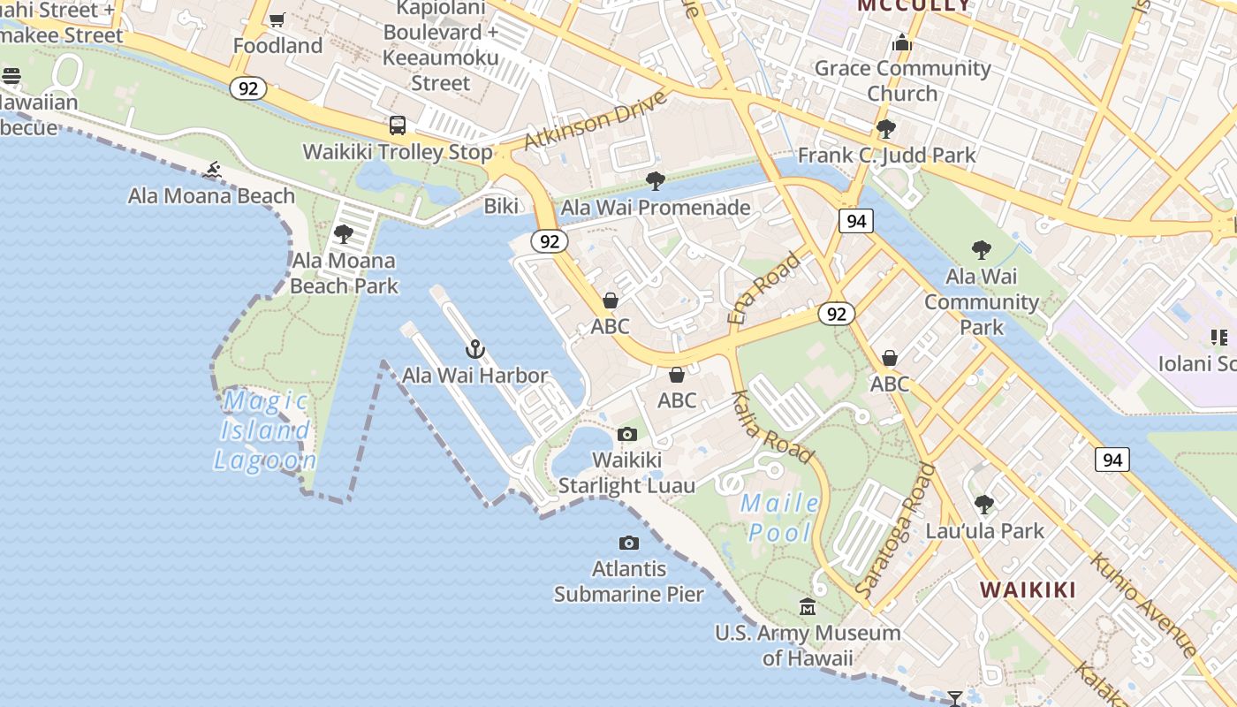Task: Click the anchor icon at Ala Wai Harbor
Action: tap(475, 349)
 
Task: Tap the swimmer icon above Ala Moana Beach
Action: tap(212, 170)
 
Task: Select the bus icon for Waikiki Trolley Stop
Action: tap(398, 125)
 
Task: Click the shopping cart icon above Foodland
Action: tap(277, 19)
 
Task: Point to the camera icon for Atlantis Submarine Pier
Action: tap(629, 543)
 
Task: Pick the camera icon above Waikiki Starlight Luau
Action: tap(627, 434)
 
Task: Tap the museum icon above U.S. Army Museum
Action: tap(808, 607)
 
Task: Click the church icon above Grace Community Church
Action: tap(901, 42)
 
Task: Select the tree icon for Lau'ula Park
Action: tap(983, 505)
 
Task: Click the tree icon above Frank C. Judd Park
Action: tap(886, 129)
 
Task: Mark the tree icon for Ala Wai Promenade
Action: tap(656, 181)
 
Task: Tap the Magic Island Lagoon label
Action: tap(265, 430)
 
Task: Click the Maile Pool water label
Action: tap(779, 517)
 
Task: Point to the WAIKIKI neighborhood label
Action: tap(1028, 589)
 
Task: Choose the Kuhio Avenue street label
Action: tap(1143, 605)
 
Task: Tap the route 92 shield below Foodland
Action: tap(248, 87)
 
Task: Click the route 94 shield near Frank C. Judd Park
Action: tap(856, 221)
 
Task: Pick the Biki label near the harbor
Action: tap(501, 206)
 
